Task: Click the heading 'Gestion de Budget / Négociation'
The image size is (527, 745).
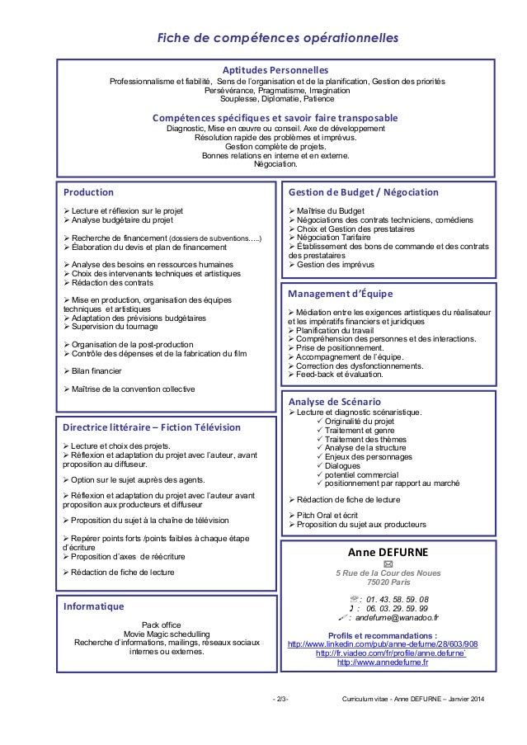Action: (364, 191)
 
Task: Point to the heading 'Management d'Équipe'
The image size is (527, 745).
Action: (341, 293)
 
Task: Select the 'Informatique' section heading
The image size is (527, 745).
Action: (93, 606)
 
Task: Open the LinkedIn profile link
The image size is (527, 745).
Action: (382, 644)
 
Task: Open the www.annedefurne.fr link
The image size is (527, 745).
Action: (383, 662)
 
